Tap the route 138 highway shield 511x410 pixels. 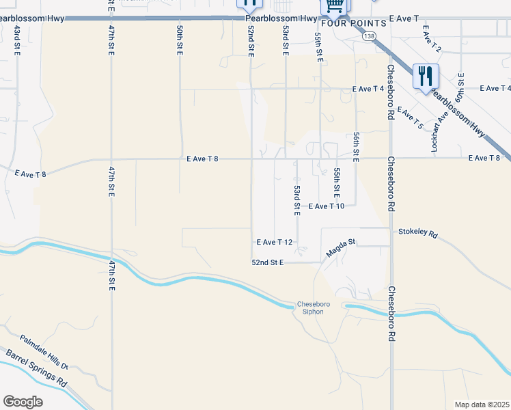tap(370, 36)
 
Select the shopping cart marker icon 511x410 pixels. tap(334, 6)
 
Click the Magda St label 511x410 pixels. tap(342, 247)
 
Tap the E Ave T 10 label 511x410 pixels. tap(331, 206)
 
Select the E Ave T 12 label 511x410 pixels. tap(275, 242)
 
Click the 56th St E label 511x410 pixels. tap(356, 147)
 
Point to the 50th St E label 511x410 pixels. tap(179, 40)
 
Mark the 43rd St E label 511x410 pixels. tap(16, 39)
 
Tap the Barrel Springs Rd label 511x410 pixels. tap(36, 368)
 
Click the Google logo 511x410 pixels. tap(23, 402)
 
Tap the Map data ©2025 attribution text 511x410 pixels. tap(482, 405)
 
